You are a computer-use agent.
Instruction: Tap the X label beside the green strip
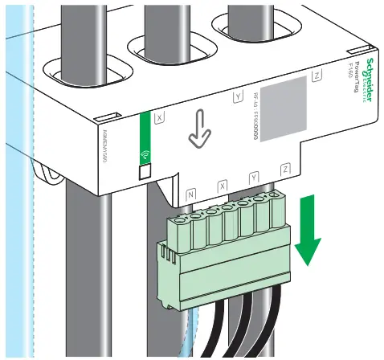[x=159, y=117]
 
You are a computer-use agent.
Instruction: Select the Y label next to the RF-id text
[x=237, y=97]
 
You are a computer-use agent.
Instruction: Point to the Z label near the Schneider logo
[x=318, y=76]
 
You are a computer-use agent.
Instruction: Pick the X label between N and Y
[x=223, y=186]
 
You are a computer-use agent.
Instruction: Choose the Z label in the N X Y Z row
[x=285, y=170]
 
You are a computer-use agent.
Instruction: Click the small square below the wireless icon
[x=145, y=170]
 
